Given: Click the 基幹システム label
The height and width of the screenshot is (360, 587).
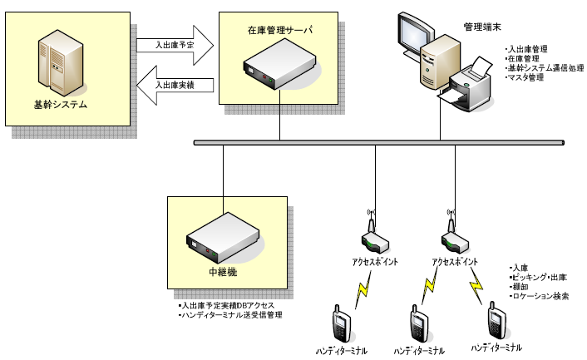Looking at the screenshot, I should [61, 105].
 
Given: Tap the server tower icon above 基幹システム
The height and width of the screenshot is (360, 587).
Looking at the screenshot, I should [61, 67].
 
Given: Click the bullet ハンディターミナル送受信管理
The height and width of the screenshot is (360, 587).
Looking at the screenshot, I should [232, 315].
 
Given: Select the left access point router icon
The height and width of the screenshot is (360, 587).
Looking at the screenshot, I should [375, 239].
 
